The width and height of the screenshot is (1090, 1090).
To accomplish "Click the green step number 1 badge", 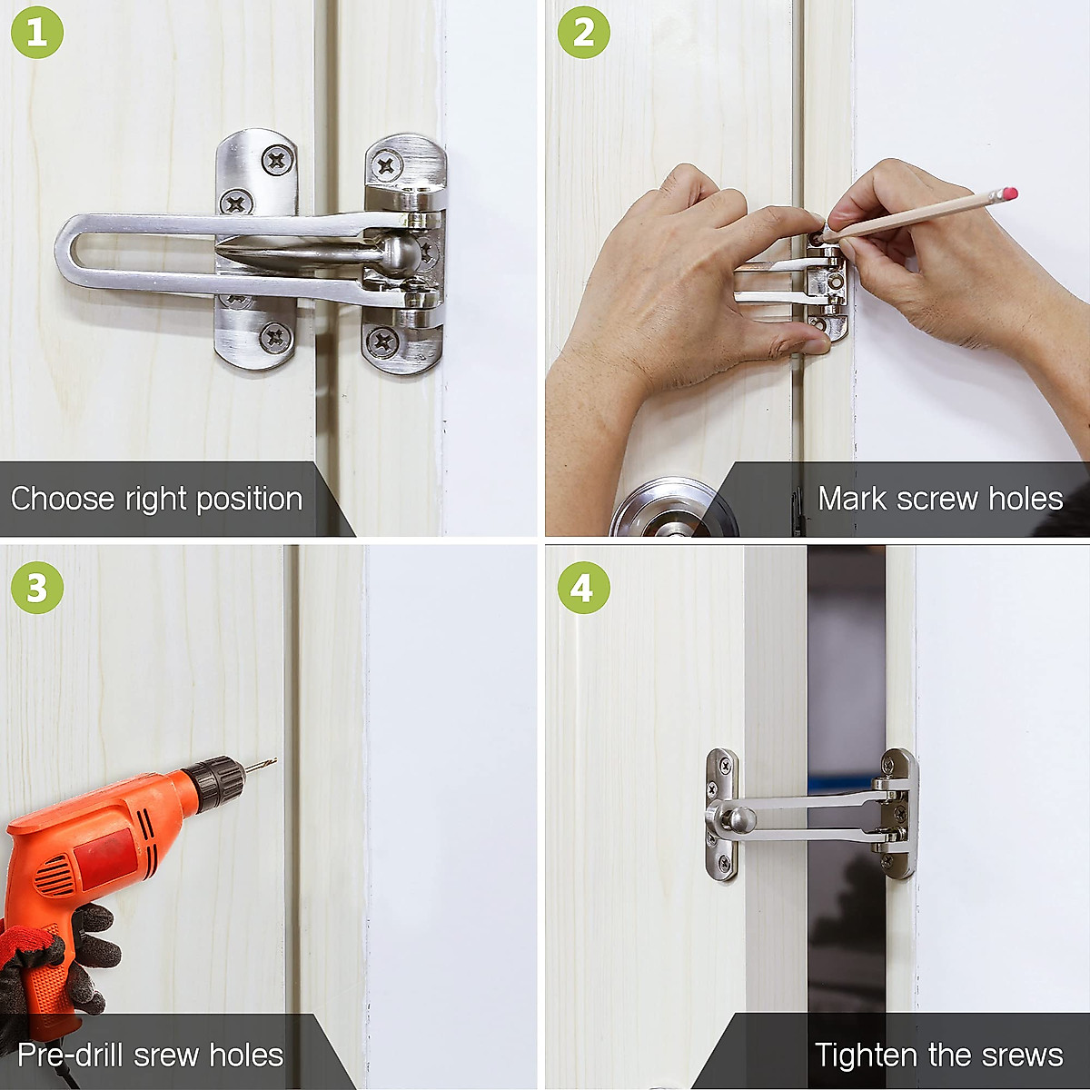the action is pos(37,32).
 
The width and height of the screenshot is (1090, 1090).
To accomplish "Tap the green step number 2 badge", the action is pos(584,32).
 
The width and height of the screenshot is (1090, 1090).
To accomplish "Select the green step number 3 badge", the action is pos(37,588).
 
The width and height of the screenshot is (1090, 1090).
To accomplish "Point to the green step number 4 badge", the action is pos(584,588).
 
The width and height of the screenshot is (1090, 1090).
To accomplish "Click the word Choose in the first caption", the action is pos(63,499).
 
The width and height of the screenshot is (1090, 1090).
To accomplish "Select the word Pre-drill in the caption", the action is pos(70,1055).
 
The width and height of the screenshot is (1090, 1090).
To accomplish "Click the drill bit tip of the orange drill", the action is pos(275,759).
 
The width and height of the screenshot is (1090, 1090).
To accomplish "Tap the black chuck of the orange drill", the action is pos(217,782).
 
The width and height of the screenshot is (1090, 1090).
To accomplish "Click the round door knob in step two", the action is pos(674,508).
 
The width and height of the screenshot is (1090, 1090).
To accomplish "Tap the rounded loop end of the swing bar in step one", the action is pos(66,250).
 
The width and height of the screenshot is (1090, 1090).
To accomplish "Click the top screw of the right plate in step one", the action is pos(386,165).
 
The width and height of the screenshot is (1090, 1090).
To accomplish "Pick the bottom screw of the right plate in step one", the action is pos(382,342).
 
